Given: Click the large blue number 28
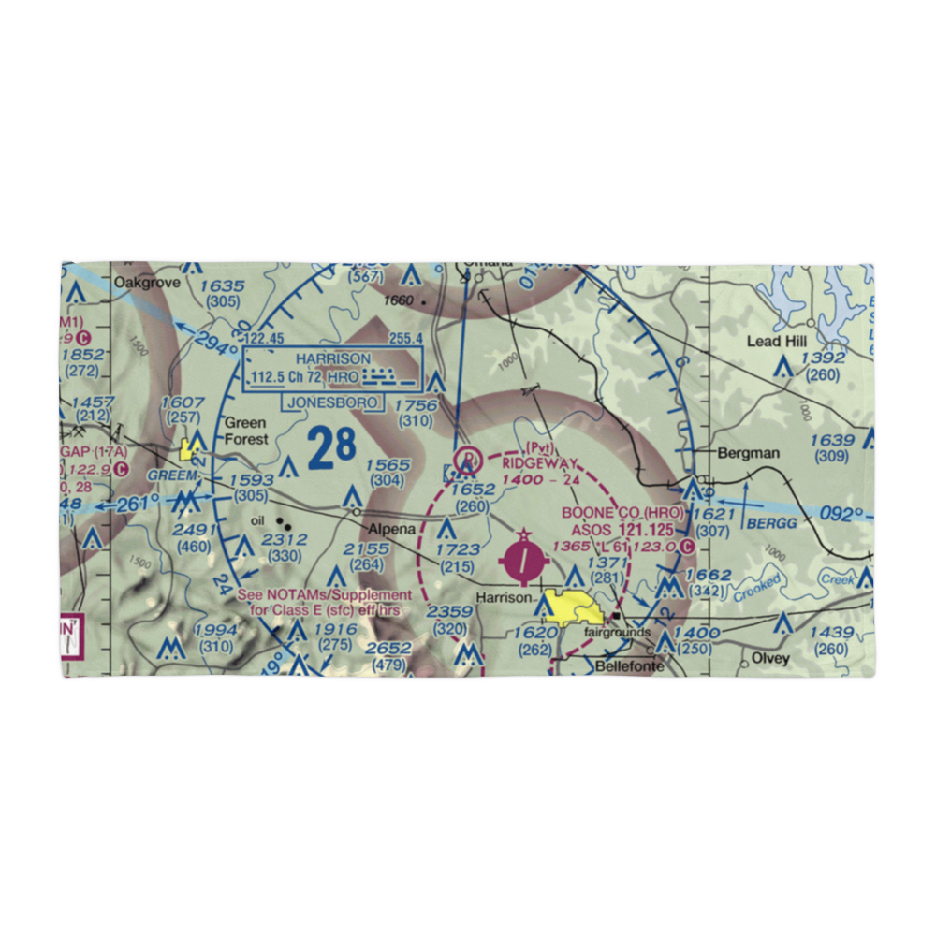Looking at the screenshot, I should pyautogui.click(x=331, y=447).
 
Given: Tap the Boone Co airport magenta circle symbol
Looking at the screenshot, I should pyautogui.click(x=525, y=563).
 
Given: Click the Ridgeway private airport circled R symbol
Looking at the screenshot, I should pyautogui.click(x=466, y=460).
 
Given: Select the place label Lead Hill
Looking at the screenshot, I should pyautogui.click(x=776, y=342).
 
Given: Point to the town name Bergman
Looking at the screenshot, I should pyautogui.click(x=748, y=453).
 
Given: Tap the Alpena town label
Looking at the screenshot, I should pyautogui.click(x=390, y=529).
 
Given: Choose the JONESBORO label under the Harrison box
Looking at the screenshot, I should pyautogui.click(x=332, y=402).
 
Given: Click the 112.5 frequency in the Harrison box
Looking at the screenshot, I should pyautogui.click(x=271, y=379).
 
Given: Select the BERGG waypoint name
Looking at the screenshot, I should pyautogui.click(x=772, y=523).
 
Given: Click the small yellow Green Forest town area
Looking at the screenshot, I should pyautogui.click(x=190, y=448).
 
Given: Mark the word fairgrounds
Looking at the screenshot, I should pyautogui.click(x=617, y=633).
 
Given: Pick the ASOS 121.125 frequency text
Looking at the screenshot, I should pyautogui.click(x=625, y=530).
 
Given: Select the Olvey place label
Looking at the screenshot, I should pyautogui.click(x=770, y=658).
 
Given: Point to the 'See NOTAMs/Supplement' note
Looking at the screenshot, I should pyautogui.click(x=324, y=595).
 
